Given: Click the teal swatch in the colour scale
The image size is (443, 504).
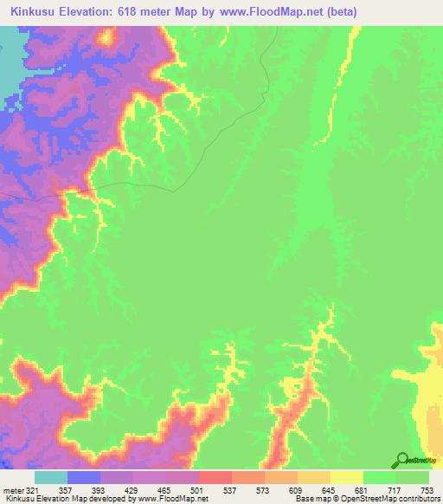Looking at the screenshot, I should click(51, 477).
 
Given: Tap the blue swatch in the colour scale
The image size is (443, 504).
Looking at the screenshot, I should click(84, 477).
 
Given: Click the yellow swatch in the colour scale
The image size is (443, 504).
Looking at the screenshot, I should click(347, 477).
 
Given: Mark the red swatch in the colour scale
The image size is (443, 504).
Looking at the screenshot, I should click(215, 477).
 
